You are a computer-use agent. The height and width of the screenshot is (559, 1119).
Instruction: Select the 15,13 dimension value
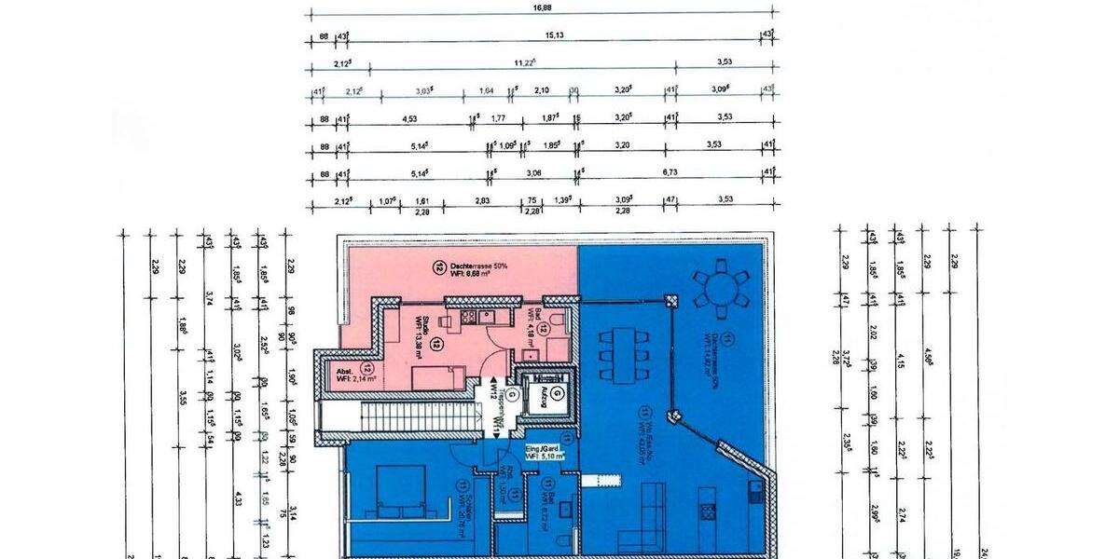(x=553, y=34)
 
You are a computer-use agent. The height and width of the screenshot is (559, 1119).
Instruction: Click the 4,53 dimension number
(x=408, y=118)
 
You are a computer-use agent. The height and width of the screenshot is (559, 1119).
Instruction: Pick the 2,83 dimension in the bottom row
(x=482, y=200)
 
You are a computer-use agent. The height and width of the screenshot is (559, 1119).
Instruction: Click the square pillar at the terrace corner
(x=670, y=300)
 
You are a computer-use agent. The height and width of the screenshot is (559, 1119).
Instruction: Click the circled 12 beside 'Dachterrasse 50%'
(x=438, y=267)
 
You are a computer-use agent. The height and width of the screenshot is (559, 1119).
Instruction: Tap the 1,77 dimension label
(x=498, y=118)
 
